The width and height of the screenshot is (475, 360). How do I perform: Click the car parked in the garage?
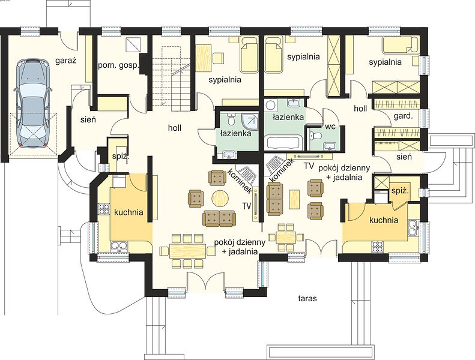[x=32, y=103]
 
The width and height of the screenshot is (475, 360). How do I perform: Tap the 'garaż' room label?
[x=65, y=61]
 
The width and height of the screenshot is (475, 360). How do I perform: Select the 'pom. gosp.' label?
[x=118, y=65]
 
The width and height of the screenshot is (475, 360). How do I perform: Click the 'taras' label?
[x=307, y=299]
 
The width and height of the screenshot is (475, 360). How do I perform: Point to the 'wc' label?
[x=330, y=127]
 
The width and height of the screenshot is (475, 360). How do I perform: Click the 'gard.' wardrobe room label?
[x=403, y=116]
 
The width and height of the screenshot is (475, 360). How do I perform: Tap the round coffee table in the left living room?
[x=220, y=199]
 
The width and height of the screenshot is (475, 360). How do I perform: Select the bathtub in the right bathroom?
[x=283, y=142]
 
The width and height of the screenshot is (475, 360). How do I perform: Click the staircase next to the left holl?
[x=172, y=78]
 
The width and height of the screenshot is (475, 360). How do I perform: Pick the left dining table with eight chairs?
[x=188, y=251]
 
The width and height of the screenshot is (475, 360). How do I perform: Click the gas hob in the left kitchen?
[x=104, y=209]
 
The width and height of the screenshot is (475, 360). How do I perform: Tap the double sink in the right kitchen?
[x=413, y=227]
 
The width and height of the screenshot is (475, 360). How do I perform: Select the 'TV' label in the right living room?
[x=309, y=166]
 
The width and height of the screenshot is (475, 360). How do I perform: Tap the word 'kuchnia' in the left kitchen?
[x=129, y=212]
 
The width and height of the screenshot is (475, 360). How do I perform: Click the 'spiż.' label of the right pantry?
[x=401, y=191]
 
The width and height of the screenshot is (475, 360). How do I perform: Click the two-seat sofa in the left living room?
[x=219, y=218]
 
